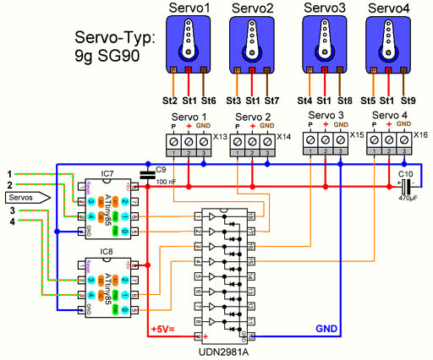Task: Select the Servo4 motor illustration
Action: (x=388, y=42)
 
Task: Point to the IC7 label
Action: (x=107, y=174)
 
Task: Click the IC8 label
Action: (x=107, y=252)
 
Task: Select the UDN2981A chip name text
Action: (x=228, y=351)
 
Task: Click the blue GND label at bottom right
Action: (x=326, y=327)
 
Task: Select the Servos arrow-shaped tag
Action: (x=23, y=197)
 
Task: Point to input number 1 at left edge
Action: (x=10, y=174)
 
